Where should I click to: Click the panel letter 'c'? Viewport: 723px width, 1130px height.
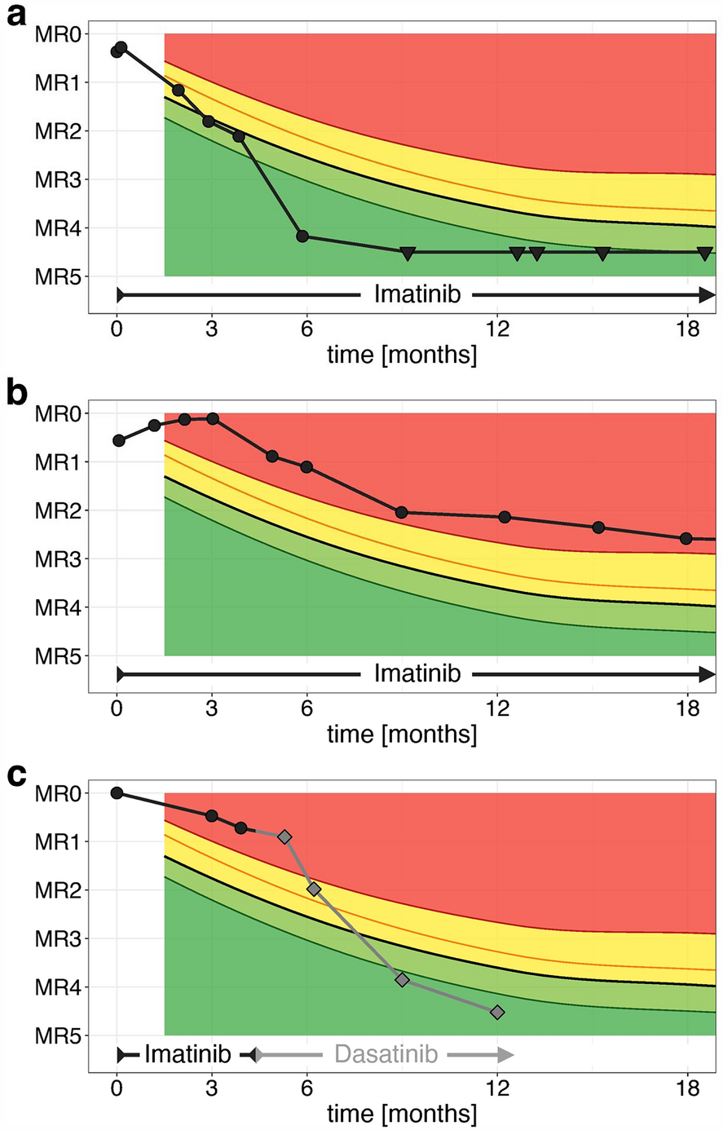coord(17,775)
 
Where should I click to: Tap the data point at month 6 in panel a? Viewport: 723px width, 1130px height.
coord(302,236)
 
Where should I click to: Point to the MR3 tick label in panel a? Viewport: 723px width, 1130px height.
coord(56,179)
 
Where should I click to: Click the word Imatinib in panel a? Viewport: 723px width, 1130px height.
coord(417,294)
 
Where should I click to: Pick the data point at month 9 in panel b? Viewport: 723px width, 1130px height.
coord(401,512)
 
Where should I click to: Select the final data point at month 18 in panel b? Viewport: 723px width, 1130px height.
coord(686,538)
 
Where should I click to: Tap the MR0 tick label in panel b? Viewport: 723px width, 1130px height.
coord(56,413)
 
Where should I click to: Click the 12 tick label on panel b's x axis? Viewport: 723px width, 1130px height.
coord(497,708)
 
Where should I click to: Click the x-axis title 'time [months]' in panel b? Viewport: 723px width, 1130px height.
coord(402,734)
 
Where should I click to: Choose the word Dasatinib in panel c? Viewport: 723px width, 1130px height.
coord(386,1054)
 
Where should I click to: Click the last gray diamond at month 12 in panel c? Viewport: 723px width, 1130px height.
coord(497,1012)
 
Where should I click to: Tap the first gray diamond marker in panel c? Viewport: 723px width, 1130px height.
coord(284,836)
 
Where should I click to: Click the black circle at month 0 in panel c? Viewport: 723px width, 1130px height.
coord(117,793)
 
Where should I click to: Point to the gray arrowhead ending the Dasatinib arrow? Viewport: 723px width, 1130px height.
coord(505,1055)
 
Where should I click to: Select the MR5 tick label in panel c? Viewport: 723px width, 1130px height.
coord(56,1036)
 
